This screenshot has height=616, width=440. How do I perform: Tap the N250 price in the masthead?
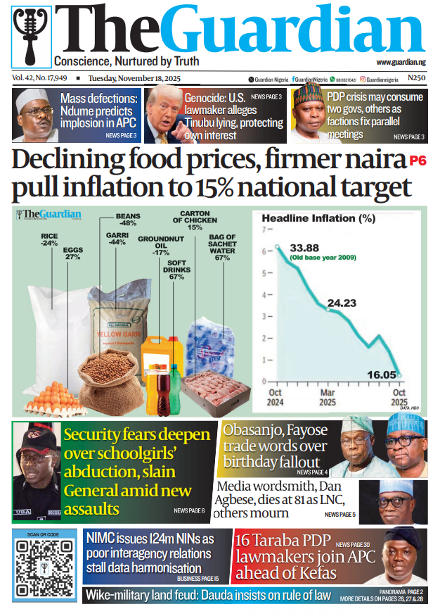click(x=417, y=79)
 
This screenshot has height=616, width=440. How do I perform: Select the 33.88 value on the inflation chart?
click(x=304, y=247)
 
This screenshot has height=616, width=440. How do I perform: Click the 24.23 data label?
click(x=342, y=303)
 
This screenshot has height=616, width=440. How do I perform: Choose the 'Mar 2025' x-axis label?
click(x=328, y=398)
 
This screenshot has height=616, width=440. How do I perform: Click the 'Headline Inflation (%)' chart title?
click(x=318, y=218)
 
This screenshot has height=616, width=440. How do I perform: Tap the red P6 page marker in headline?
click(x=418, y=162)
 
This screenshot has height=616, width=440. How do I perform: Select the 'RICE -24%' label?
click(x=49, y=239)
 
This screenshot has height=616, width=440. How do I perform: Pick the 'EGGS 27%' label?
click(x=73, y=253)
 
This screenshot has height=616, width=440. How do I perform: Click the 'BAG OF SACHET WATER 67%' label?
click(x=222, y=247)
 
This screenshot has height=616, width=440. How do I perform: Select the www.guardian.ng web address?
click(x=406, y=63)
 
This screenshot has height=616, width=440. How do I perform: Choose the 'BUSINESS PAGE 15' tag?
click(x=198, y=578)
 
